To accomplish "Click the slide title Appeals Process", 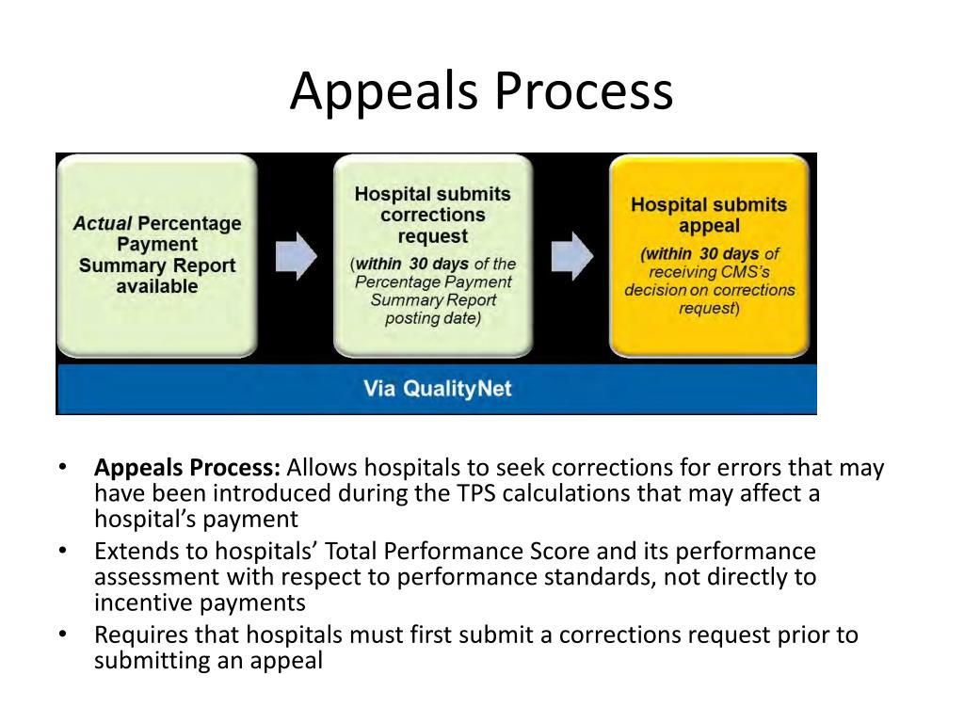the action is [481, 91].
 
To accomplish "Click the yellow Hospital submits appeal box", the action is [709, 256].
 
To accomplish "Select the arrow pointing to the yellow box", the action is [572, 256].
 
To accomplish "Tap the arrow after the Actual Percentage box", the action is [297, 256].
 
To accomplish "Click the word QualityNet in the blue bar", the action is [458, 389].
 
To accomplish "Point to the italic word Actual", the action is [103, 223].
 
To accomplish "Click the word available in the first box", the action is [157, 286].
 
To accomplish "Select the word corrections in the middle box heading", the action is [433, 215].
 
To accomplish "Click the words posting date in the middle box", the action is [433, 318].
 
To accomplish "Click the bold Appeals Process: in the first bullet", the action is [187, 468].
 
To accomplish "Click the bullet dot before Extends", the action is [62, 550].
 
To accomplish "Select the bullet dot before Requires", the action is [62, 634].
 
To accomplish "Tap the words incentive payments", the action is [200, 602].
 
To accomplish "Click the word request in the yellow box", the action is [709, 308].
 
